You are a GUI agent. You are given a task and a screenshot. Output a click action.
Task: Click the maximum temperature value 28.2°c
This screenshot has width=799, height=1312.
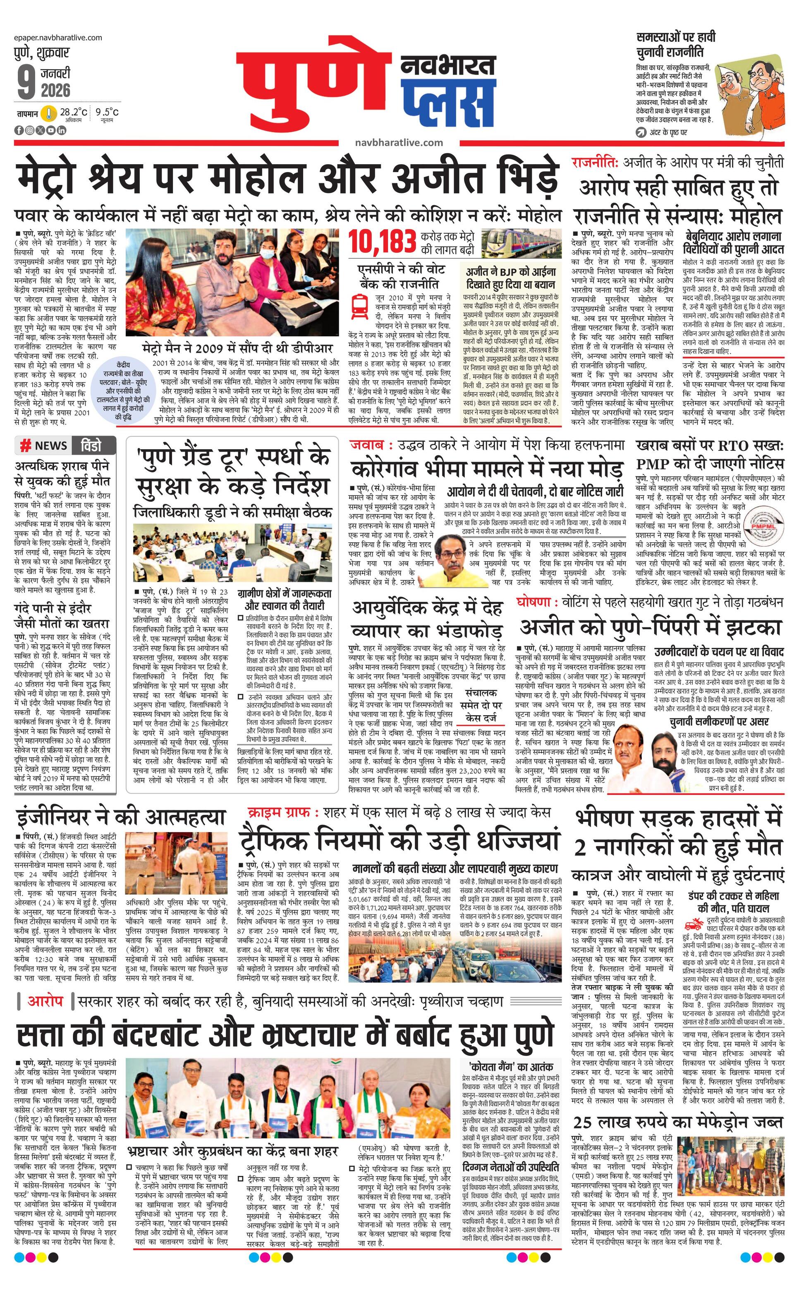click(73, 113)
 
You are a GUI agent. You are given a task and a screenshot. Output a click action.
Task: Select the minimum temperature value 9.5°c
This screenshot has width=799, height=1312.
click(107, 113)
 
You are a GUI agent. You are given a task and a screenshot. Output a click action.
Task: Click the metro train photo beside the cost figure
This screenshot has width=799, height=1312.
click(521, 243)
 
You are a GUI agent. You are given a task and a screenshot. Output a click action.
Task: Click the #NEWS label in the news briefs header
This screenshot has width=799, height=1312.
click(44, 445)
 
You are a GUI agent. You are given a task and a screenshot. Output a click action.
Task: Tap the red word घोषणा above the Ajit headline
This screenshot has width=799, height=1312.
click(533, 602)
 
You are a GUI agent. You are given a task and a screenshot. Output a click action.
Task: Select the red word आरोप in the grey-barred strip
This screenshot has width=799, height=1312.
click(45, 1001)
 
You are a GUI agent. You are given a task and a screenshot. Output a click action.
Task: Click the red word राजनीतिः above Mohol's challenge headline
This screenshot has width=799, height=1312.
click(595, 163)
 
